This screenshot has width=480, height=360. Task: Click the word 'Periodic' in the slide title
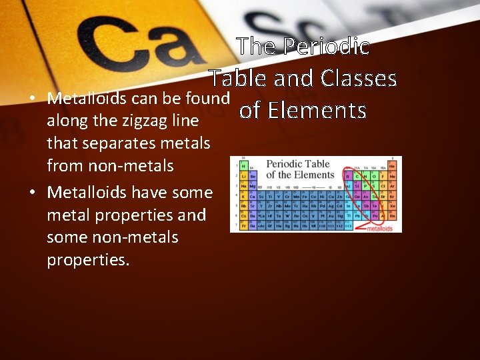(x=327, y=46)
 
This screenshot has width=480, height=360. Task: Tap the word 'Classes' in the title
(x=359, y=78)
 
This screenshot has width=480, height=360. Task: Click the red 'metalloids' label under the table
(x=385, y=228)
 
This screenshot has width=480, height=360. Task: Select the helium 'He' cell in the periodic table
(x=393, y=164)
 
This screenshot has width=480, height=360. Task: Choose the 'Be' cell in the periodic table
(x=253, y=175)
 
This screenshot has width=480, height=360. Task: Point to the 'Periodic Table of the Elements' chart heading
(x=299, y=169)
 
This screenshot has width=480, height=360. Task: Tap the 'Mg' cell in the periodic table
(x=253, y=185)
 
